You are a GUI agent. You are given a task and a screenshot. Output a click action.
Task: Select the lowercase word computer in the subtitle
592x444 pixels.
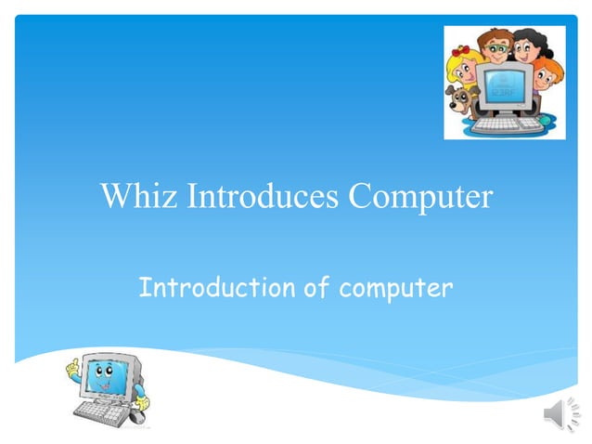(396, 289)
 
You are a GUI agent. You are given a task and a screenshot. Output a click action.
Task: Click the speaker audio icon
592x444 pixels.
(560, 414)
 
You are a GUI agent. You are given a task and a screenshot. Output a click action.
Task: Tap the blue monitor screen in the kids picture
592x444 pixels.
(505, 88)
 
